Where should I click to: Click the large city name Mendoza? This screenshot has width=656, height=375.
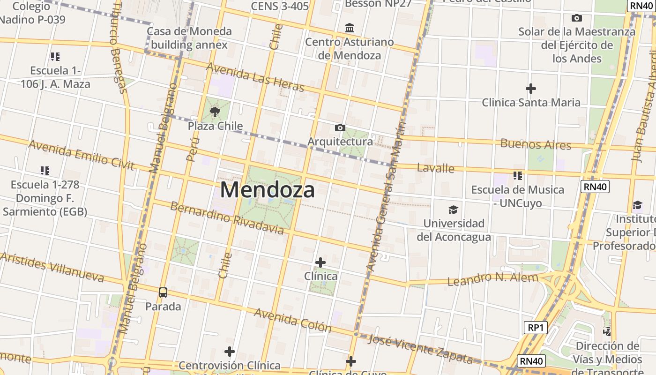[267, 190]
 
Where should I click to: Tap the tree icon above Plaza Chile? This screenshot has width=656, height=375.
[215, 112]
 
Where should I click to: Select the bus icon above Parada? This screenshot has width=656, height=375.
[163, 292]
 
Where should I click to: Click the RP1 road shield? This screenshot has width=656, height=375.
[535, 328]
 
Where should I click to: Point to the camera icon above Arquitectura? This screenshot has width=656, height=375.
[340, 127]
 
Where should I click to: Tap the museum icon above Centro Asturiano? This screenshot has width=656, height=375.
[350, 28]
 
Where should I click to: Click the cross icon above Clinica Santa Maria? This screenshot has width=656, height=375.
[531, 88]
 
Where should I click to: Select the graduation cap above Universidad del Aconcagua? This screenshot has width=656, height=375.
[453, 210]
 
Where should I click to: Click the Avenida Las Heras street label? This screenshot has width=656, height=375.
[255, 77]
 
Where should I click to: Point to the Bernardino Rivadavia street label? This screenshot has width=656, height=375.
[227, 218]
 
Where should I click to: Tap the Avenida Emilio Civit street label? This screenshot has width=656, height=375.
[81, 155]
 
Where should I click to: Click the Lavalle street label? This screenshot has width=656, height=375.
[435, 168]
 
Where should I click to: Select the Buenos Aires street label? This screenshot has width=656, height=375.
[536, 144]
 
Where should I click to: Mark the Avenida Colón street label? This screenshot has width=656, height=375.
[293, 320]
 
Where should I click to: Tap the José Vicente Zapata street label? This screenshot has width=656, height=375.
[420, 349]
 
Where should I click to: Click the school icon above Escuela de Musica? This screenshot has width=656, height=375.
[517, 176]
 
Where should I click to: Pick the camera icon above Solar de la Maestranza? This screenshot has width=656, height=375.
[577, 18]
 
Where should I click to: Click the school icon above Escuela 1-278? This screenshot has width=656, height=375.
[45, 171]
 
